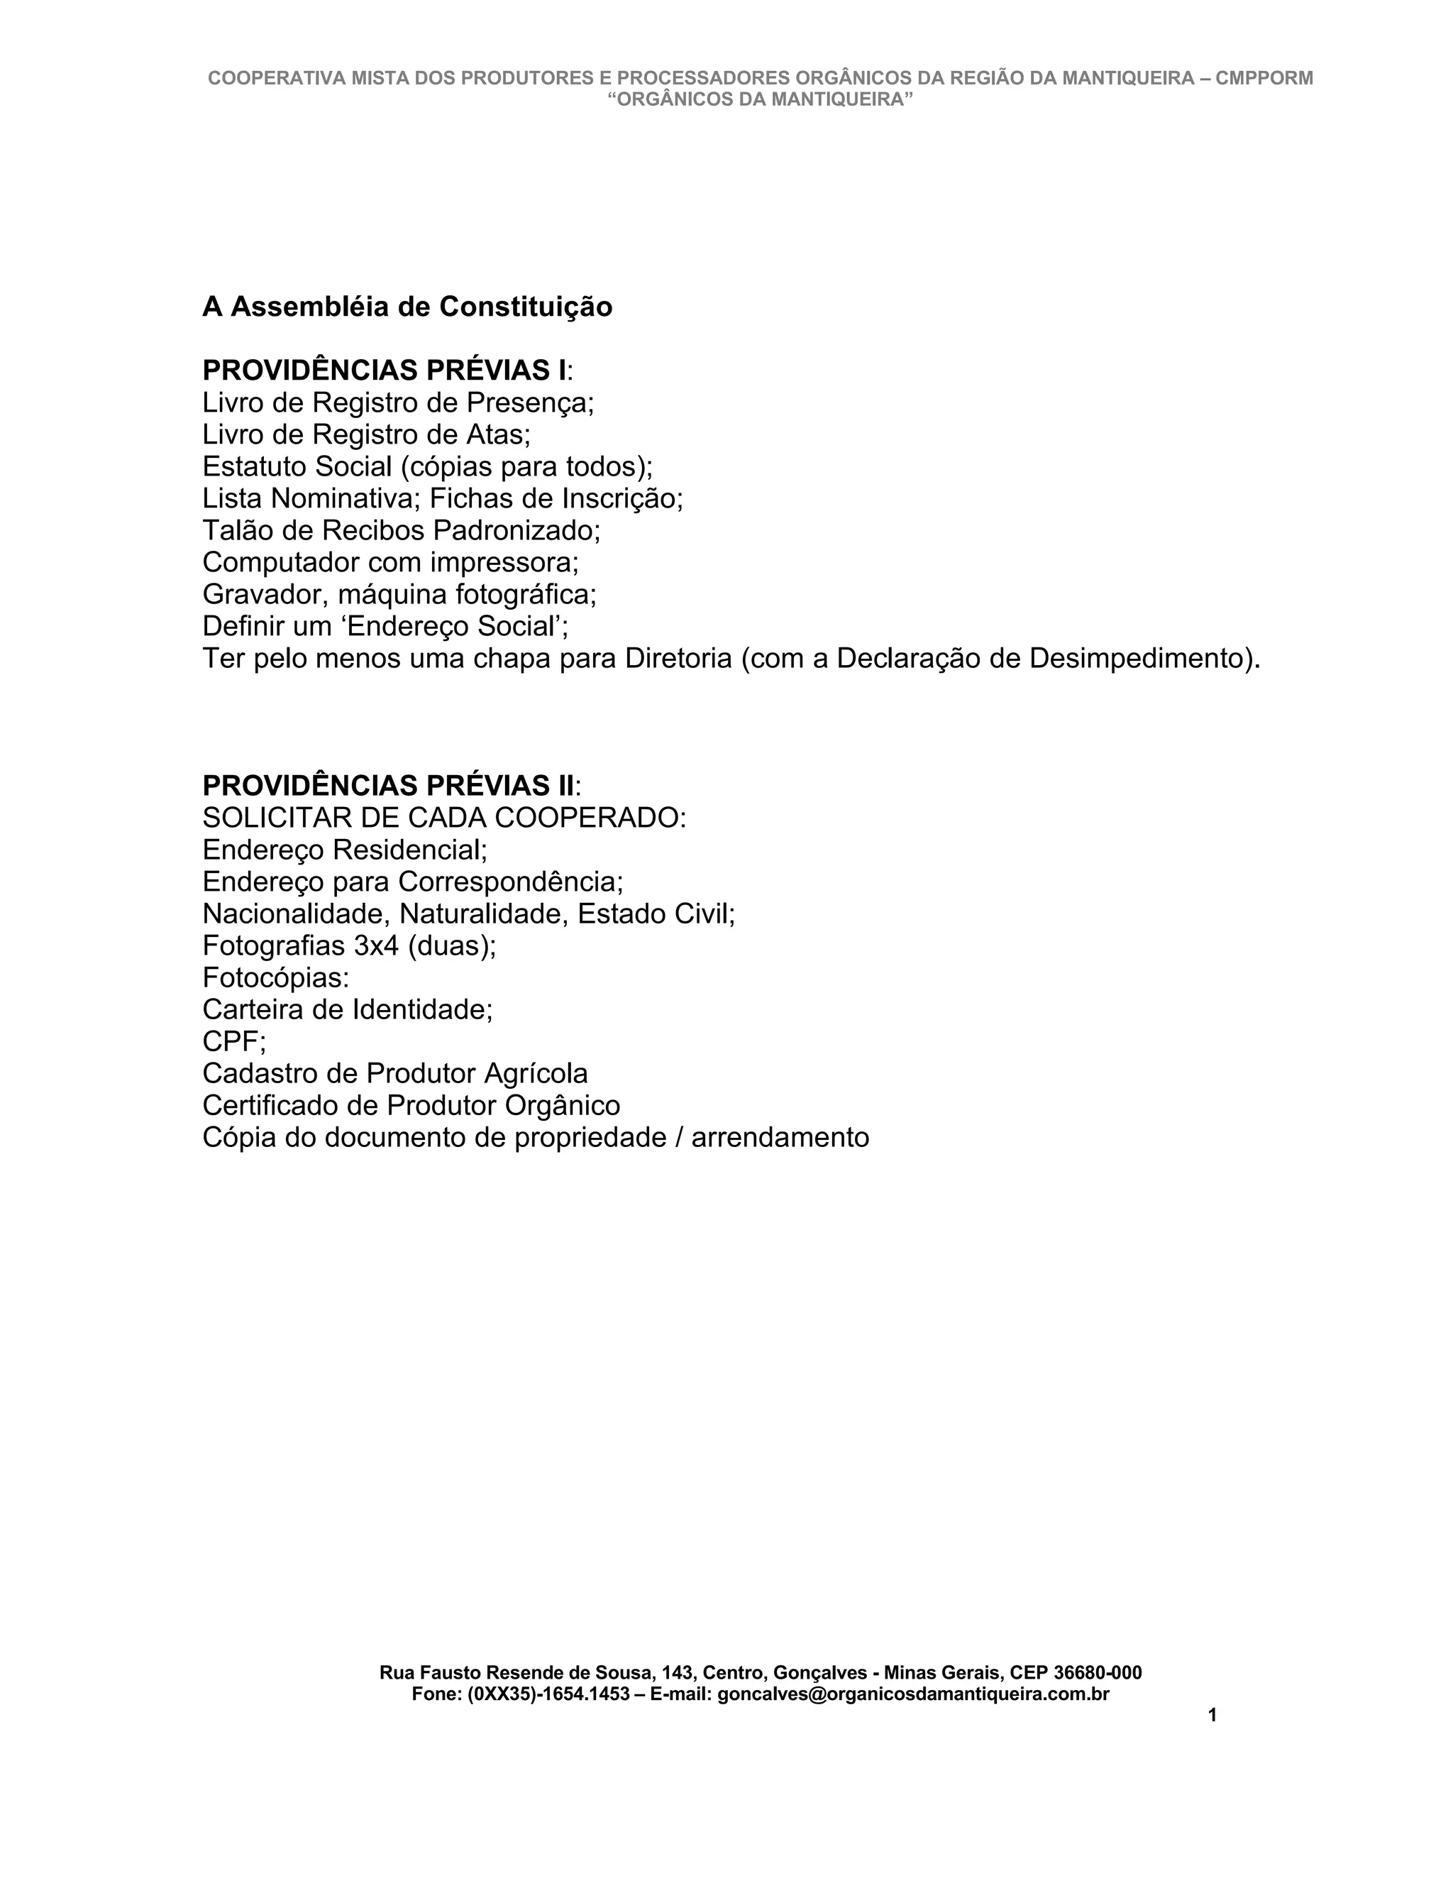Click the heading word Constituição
[525, 307]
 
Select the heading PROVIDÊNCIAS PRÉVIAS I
[384, 371]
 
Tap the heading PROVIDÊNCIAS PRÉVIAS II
[388, 786]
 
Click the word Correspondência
[509, 882]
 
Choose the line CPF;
[234, 1041]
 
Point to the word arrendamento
[780, 1138]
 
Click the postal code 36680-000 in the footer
[1098, 1672]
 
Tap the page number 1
[1212, 1715]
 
